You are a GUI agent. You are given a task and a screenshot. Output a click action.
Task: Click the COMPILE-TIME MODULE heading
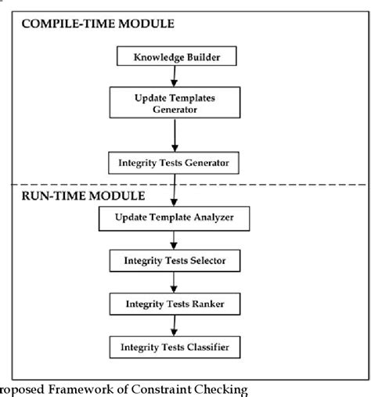(x=98, y=23)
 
